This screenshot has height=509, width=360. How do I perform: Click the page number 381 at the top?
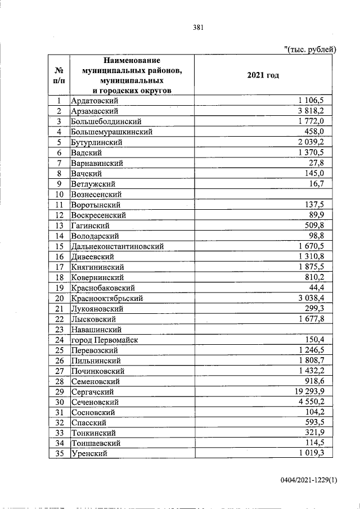197,27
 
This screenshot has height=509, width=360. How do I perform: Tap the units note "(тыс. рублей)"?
310,49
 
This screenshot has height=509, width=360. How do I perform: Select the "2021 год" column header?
263,75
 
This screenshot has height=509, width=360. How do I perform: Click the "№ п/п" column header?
58,75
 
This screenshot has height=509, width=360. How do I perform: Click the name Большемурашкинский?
112,132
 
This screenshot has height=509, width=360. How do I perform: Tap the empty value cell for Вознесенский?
265,195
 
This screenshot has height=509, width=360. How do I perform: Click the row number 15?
58,246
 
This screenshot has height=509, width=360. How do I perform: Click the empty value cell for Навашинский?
265,330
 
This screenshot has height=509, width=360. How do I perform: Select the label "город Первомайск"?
105,340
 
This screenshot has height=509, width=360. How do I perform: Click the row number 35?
58,454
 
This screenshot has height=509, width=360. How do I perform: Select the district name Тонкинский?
93,433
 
